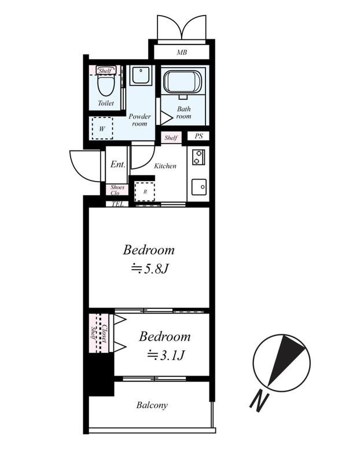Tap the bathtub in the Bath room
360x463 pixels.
pyautogui.click(x=183, y=82)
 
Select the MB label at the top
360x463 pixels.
pyautogui.click(x=182, y=53)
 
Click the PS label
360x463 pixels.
pyautogui.click(x=199, y=136)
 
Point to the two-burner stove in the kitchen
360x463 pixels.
pyautogui.click(x=198, y=157)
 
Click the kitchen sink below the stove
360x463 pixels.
pyautogui.click(x=199, y=186)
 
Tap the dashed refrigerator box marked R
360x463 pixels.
pyautogui.click(x=145, y=192)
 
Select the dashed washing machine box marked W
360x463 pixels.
pyautogui.click(x=102, y=128)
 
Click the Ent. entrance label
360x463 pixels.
pyautogui.click(x=117, y=164)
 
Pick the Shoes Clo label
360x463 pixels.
pyautogui.click(x=117, y=190)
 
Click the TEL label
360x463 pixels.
pyautogui.click(x=117, y=204)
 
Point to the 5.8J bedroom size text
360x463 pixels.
pyautogui.click(x=150, y=269)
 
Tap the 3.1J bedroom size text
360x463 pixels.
pyautogui.click(x=166, y=355)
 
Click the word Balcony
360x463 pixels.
pyautogui.click(x=152, y=405)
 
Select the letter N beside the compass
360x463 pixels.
pyautogui.click(x=259, y=402)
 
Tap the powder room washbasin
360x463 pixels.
pyautogui.click(x=141, y=75)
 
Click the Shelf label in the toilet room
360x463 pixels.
pyautogui.click(x=105, y=71)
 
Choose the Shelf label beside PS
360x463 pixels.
pyautogui.click(x=171, y=138)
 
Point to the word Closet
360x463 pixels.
pyautogui.click(x=104, y=334)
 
